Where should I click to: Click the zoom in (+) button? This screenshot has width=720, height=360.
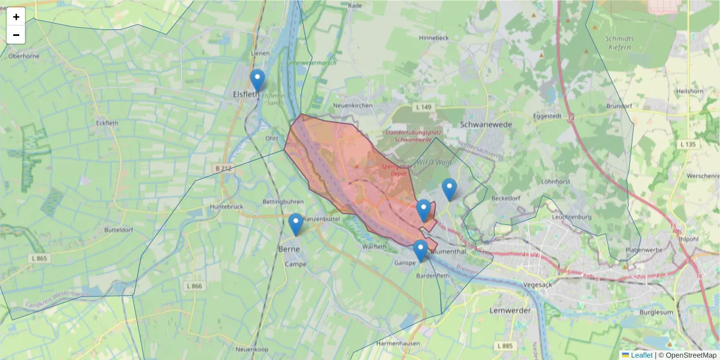coord(16,17)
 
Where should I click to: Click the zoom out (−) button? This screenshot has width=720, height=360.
coord(16,35)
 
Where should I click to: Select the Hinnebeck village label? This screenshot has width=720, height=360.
coord(434,37)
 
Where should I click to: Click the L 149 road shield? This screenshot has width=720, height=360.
coord(424,107)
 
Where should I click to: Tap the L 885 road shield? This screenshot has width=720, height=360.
coord(505,346)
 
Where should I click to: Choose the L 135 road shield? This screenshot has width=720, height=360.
coord(688,145)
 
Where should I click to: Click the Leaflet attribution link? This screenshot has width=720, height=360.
coord(641,355)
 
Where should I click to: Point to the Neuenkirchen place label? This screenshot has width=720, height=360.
coord(353,106)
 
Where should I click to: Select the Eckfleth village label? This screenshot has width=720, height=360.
coord(108,122)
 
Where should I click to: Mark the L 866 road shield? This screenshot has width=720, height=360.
coord(194,286)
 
